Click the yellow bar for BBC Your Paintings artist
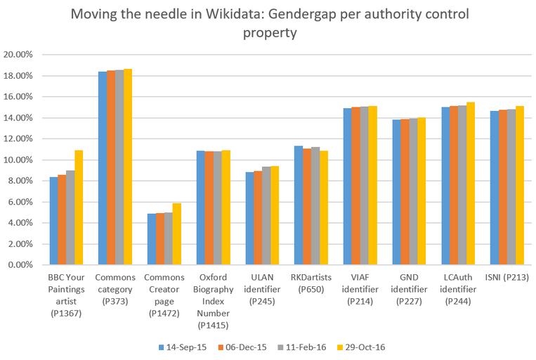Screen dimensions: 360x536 click(79, 207)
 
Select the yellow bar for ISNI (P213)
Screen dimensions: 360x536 click(520, 186)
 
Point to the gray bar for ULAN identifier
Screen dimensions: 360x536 click(266, 216)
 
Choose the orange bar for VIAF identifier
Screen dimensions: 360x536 click(356, 186)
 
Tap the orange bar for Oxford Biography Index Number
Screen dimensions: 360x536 click(209, 208)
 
